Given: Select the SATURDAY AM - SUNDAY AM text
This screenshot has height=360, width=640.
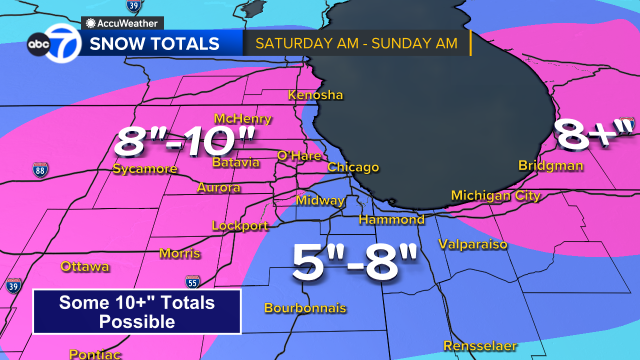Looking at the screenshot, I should [x=355, y=44].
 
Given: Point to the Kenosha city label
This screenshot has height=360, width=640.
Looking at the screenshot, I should [x=315, y=96].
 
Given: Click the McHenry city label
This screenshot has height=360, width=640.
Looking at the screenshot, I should [x=242, y=119].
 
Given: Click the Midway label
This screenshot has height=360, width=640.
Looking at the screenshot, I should [x=321, y=201].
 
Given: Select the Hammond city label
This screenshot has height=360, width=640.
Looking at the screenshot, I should [x=392, y=219].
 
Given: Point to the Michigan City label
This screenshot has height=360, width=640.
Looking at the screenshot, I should [x=496, y=195].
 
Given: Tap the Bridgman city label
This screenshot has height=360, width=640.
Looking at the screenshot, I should [x=550, y=165].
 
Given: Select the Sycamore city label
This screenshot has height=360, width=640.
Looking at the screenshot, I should [x=144, y=169].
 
